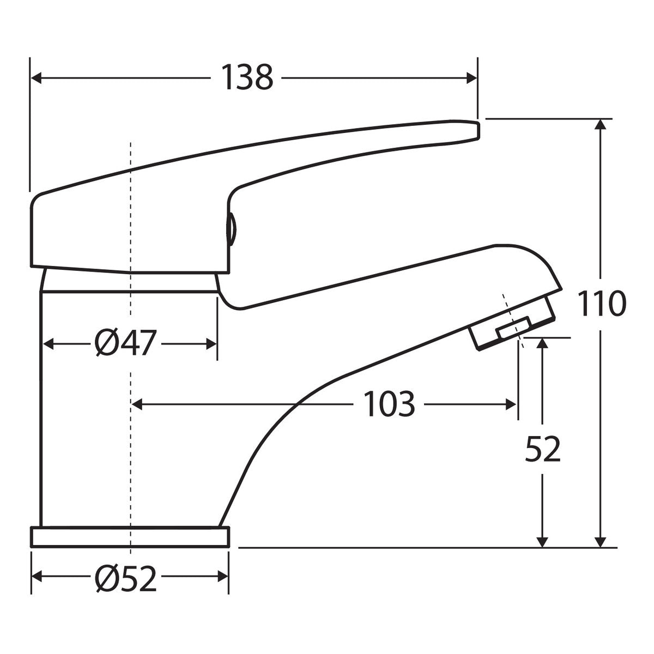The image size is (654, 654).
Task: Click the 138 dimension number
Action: click(247, 77)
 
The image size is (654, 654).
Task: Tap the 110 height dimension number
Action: click(601, 304)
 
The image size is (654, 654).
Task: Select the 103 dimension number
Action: click(389, 404)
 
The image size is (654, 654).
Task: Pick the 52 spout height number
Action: click(542, 449)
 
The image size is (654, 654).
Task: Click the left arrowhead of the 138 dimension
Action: click(36, 78)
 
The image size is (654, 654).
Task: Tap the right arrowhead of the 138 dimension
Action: click(472, 78)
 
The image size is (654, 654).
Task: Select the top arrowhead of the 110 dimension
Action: click(601, 124)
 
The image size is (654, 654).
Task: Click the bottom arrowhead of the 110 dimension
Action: click(601, 542)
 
